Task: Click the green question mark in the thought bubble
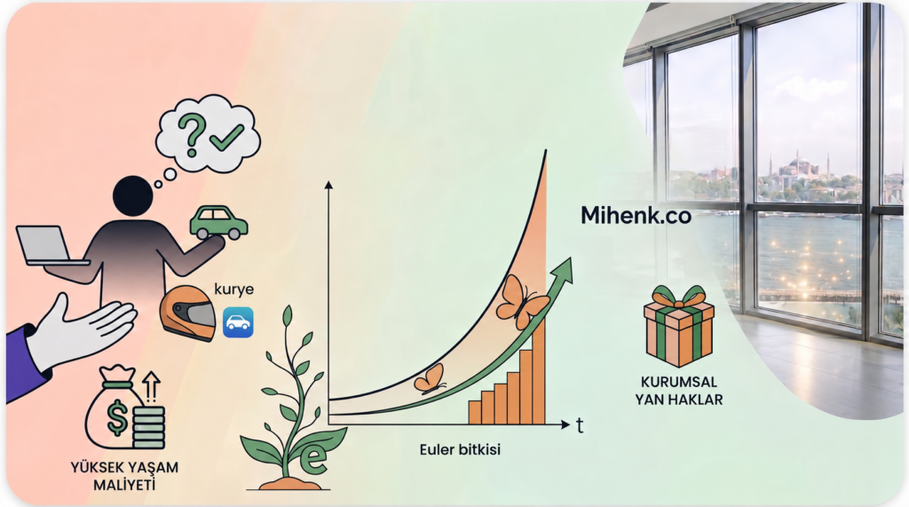click(x=192, y=134)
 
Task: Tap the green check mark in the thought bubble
click(x=226, y=138)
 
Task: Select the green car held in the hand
click(x=218, y=223)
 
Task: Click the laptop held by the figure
click(x=51, y=246)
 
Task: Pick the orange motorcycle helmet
click(x=188, y=313)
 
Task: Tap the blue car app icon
click(x=238, y=322)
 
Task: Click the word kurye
click(x=233, y=289)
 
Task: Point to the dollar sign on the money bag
click(x=118, y=417)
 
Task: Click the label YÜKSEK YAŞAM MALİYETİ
click(x=124, y=476)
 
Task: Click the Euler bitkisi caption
click(x=460, y=449)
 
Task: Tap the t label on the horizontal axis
click(x=580, y=425)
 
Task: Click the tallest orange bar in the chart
click(x=539, y=372)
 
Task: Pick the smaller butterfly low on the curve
click(x=430, y=379)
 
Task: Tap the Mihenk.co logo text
click(x=636, y=216)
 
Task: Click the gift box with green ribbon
click(x=679, y=326)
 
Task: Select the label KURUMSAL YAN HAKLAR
click(x=679, y=391)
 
